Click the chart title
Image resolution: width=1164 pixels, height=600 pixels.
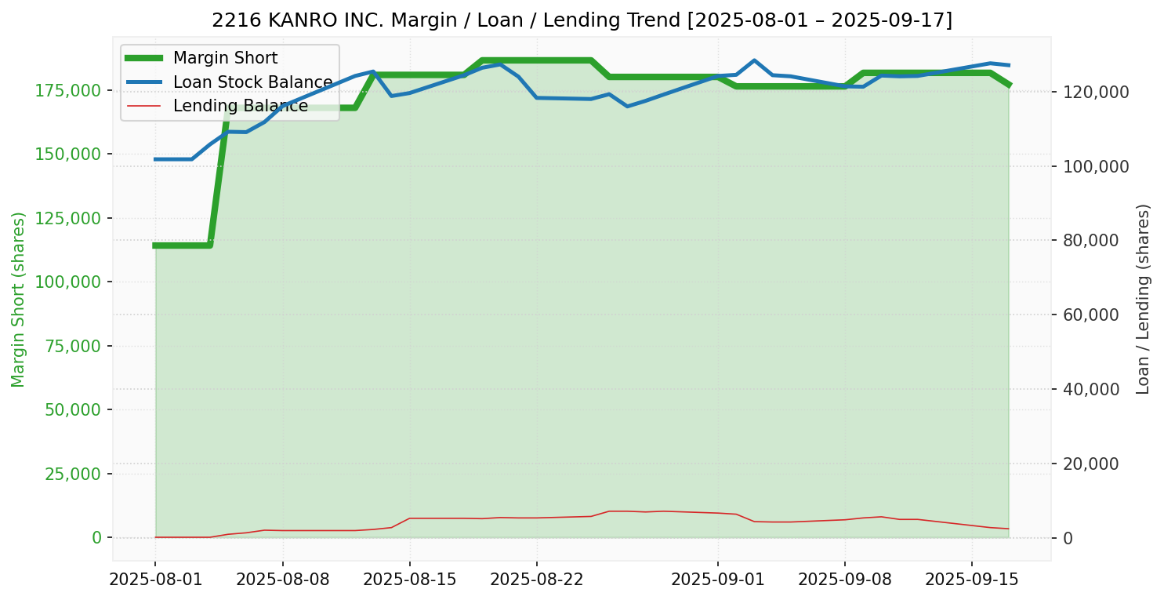(x=582, y=20)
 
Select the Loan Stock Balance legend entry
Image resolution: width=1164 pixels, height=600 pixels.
(x=229, y=82)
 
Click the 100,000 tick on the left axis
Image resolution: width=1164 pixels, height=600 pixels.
(x=67, y=282)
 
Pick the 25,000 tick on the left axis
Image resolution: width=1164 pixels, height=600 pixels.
(x=73, y=474)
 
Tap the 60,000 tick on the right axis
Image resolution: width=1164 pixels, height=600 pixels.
(x=1091, y=315)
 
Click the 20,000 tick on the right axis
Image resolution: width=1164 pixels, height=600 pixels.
(x=1091, y=464)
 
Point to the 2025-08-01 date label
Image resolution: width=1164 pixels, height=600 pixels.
(x=155, y=579)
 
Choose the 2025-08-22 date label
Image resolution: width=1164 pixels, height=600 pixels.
(x=537, y=579)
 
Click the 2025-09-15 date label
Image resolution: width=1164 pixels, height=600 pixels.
(x=972, y=579)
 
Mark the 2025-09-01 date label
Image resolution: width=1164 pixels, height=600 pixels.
(x=718, y=579)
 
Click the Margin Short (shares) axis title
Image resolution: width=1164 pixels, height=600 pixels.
(x=18, y=300)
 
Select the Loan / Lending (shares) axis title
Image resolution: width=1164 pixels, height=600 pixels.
(x=1143, y=300)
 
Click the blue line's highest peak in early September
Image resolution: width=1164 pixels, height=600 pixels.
(x=754, y=60)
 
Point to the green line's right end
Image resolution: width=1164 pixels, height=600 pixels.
(x=1009, y=85)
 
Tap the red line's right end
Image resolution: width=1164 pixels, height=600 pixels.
(x=1009, y=529)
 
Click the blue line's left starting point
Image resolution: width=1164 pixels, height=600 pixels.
(x=155, y=159)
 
